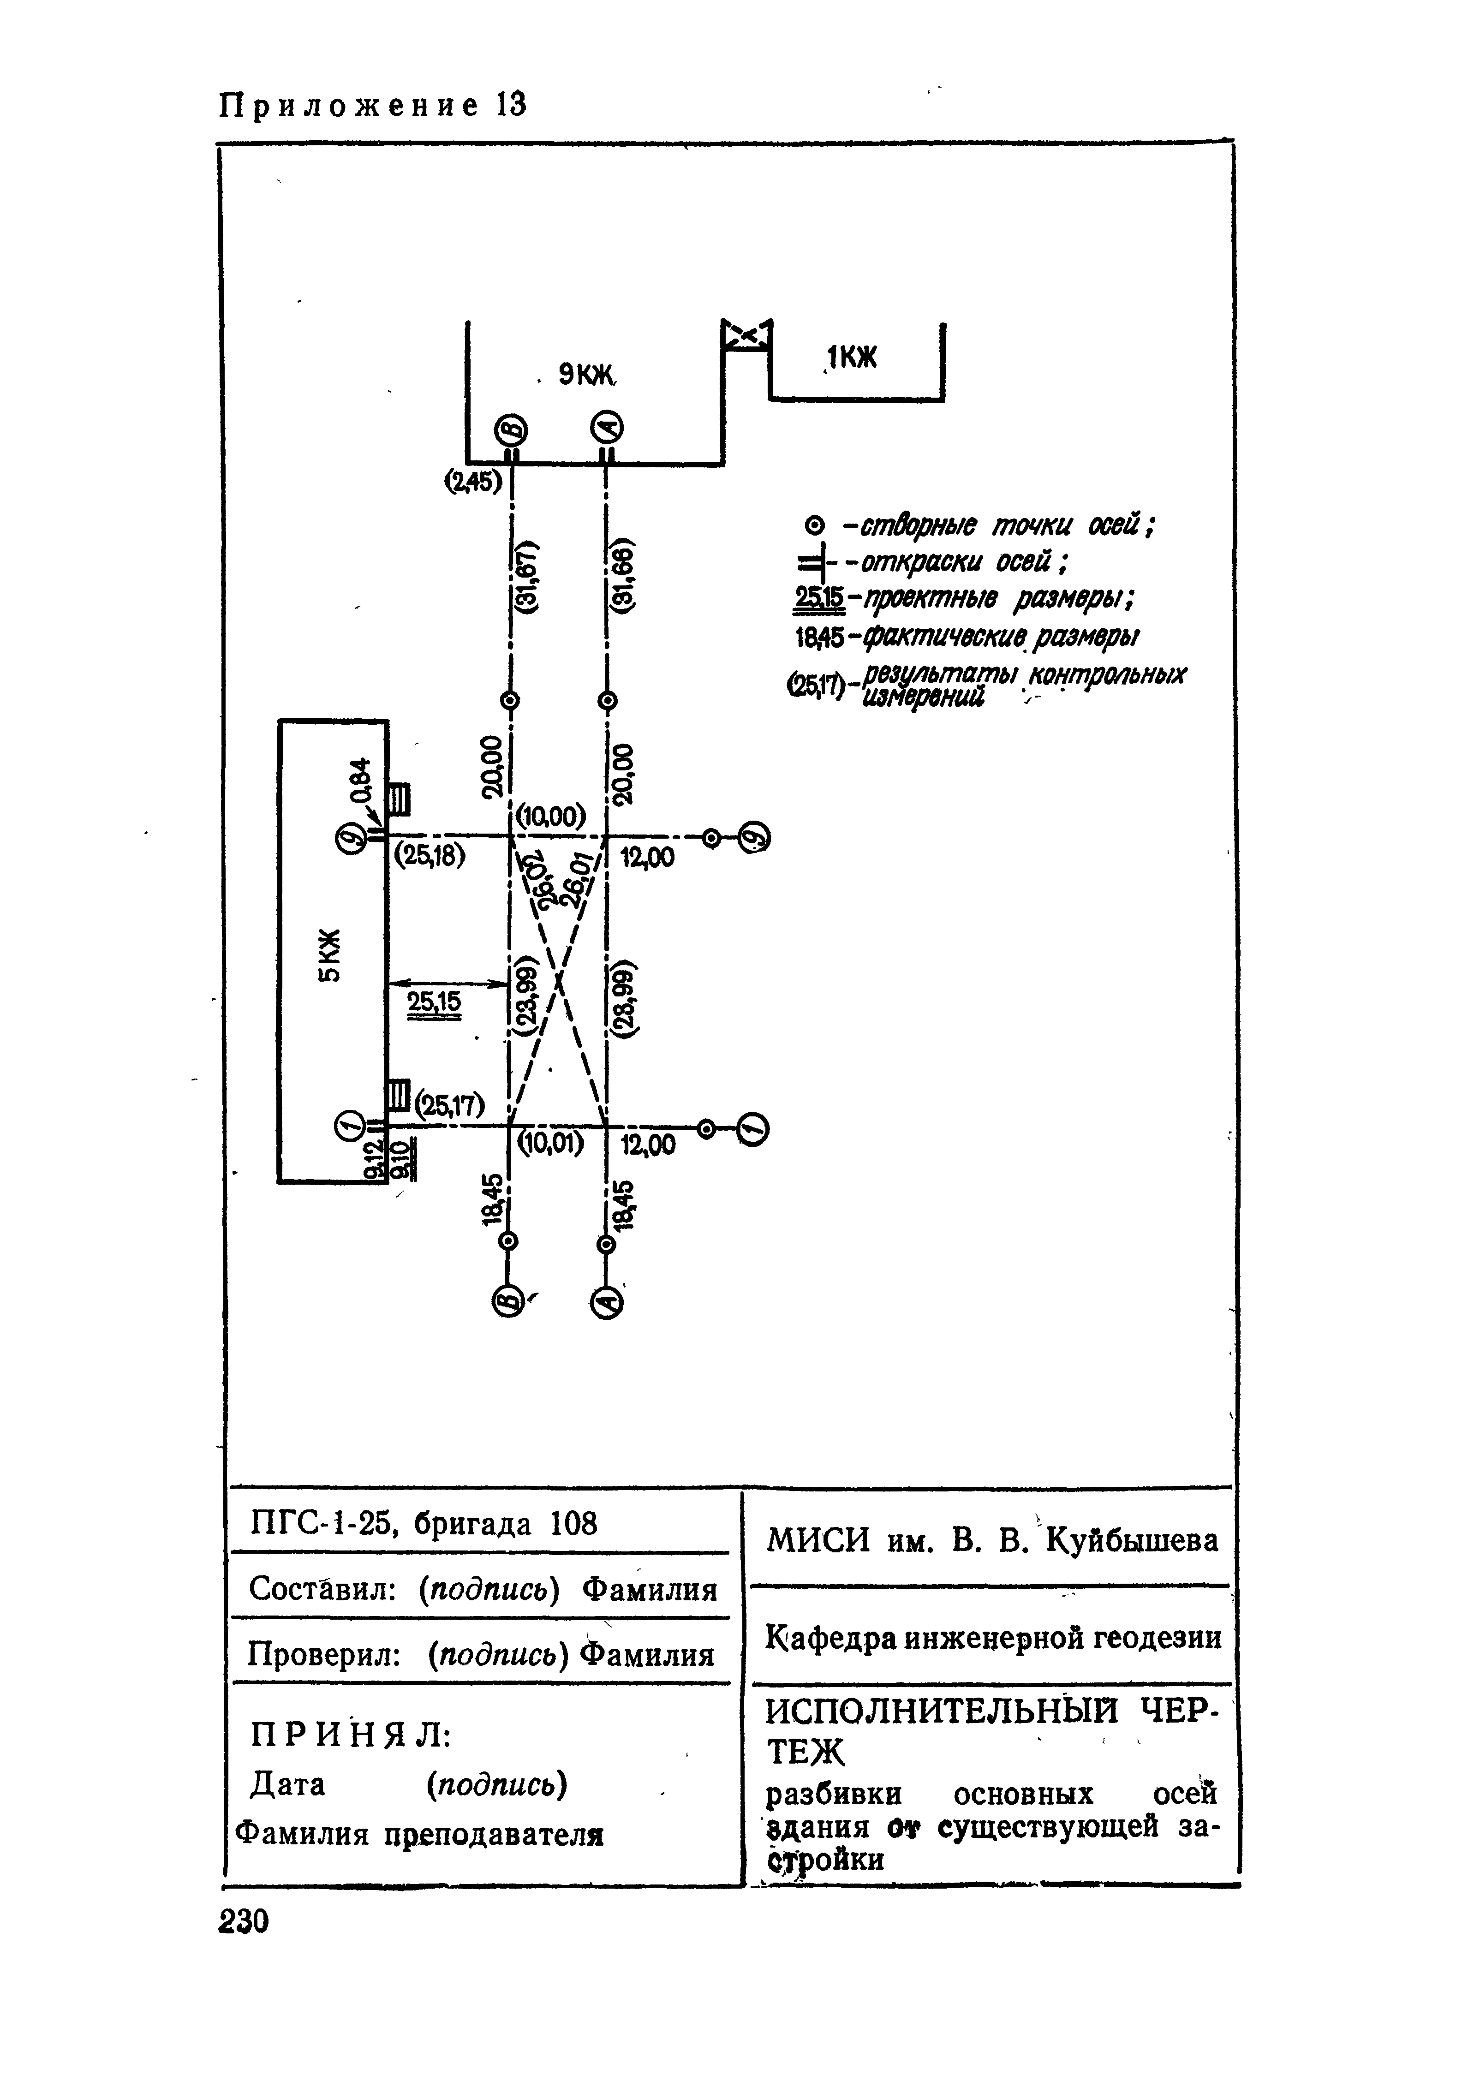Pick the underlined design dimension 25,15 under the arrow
point(434,1002)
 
